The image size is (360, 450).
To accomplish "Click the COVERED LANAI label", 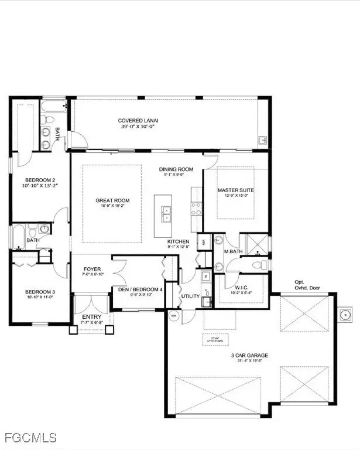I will [138, 121].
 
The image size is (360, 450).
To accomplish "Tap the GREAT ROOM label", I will [112, 201].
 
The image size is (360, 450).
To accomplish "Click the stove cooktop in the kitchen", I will [196, 209].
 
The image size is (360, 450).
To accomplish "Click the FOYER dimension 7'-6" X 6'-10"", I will [91, 274].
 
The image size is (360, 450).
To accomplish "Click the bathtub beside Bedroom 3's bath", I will [19, 236].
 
